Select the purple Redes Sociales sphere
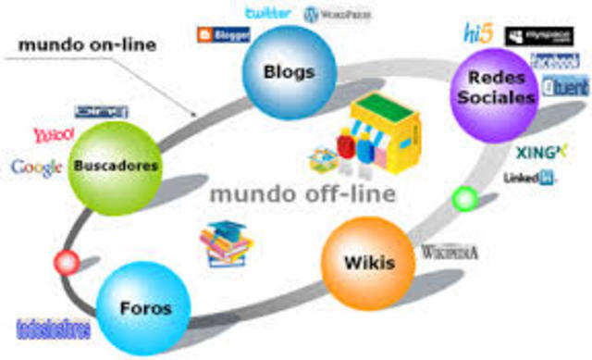click(x=496, y=90)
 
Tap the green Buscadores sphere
click(x=116, y=167)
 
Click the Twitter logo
click(x=269, y=13)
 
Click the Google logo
click(x=36, y=168)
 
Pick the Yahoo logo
click(x=53, y=135)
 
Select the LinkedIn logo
click(x=530, y=178)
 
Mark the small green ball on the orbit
click(x=465, y=198)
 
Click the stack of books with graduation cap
click(x=225, y=243)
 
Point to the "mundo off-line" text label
click(x=302, y=194)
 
